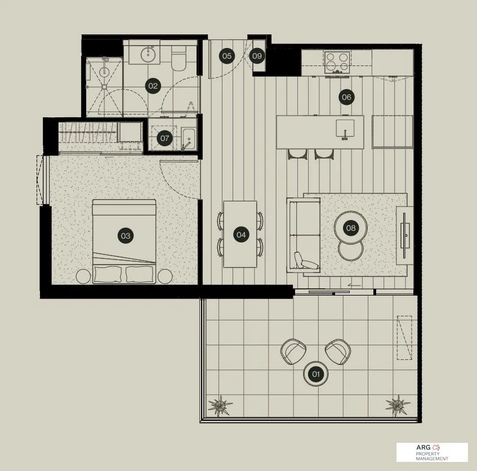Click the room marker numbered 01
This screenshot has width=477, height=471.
[316, 373]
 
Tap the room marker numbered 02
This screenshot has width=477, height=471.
[153, 86]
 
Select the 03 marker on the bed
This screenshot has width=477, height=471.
[125, 235]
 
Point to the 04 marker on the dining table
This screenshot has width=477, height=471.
[241, 235]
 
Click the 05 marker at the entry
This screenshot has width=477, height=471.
[226, 56]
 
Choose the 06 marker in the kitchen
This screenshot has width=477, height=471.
[346, 97]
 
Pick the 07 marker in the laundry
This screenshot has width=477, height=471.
[164, 138]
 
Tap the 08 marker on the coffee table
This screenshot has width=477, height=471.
[351, 228]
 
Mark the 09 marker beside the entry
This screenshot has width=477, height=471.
[257, 56]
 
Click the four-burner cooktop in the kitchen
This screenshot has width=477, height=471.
[337, 61]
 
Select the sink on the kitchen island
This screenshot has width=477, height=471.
[345, 128]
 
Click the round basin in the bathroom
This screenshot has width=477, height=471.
[149, 54]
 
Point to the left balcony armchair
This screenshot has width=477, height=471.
[293, 352]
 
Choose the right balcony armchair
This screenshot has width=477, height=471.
[338, 352]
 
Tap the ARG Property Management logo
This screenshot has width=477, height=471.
[432, 452]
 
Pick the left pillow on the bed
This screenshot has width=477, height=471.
[108, 274]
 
